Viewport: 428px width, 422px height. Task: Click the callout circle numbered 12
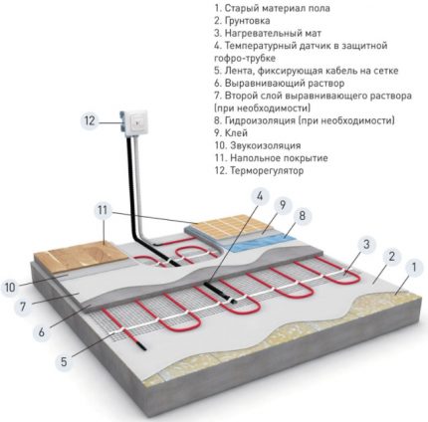coord(90,120)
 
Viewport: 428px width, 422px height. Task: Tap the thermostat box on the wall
coord(134,124)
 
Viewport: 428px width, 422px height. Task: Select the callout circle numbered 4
coord(260,196)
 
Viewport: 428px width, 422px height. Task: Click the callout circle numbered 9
coord(283,205)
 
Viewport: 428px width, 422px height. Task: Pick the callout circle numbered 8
coord(302,216)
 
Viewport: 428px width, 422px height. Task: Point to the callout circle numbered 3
coord(366,245)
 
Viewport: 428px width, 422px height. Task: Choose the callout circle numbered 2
coord(391,257)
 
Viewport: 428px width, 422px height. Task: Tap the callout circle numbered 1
coord(413,267)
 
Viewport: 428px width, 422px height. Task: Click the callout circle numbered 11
coord(104,210)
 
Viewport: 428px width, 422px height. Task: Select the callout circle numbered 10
coord(10,287)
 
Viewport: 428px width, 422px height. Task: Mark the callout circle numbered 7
coord(23,306)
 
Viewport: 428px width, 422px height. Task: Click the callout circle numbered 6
coord(41,331)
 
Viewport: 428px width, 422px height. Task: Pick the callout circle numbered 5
coord(64,361)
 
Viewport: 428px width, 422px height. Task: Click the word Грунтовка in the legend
coord(247,21)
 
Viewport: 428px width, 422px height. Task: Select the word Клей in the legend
coord(236,133)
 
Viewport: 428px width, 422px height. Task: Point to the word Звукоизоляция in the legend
coord(266,145)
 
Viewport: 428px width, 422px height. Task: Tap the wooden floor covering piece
coord(81,255)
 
